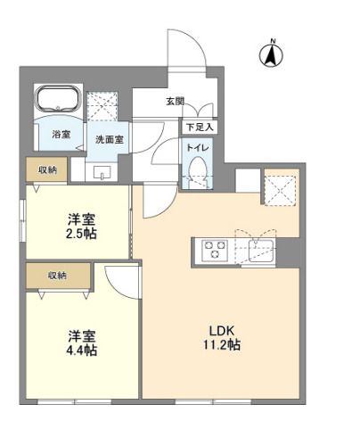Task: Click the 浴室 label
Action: point(61,135)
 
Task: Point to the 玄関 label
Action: point(175,102)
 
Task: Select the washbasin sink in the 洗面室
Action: point(99,171)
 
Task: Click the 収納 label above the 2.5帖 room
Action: point(46,169)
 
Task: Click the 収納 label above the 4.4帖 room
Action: point(56,275)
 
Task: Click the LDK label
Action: point(220,327)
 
